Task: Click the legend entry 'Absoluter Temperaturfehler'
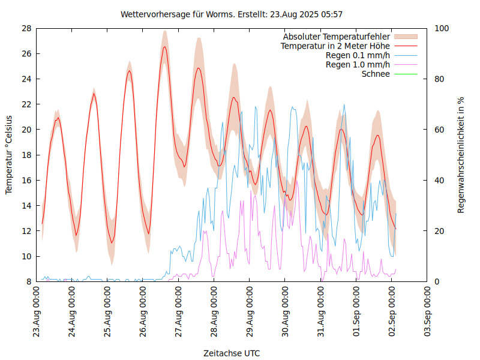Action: pyautogui.click(x=337, y=37)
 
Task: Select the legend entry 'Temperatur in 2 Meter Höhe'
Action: pyautogui.click(x=335, y=46)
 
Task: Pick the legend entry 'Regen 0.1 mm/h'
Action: pyautogui.click(x=358, y=55)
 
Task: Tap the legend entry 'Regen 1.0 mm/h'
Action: pyautogui.click(x=358, y=64)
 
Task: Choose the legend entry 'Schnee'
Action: pyautogui.click(x=376, y=74)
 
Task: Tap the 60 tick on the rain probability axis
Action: pyautogui.click(x=439, y=130)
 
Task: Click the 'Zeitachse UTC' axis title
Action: pyautogui.click(x=232, y=353)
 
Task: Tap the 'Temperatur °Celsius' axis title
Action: pyautogui.click(x=9, y=155)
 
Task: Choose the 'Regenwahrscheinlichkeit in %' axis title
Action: pyautogui.click(x=461, y=155)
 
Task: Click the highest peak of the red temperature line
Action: pyautogui.click(x=164, y=47)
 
